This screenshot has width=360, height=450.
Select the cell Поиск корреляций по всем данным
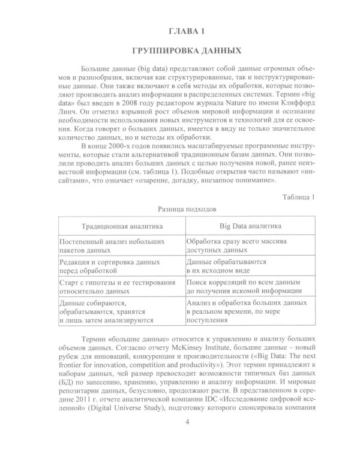pyautogui.click(x=242, y=287)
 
